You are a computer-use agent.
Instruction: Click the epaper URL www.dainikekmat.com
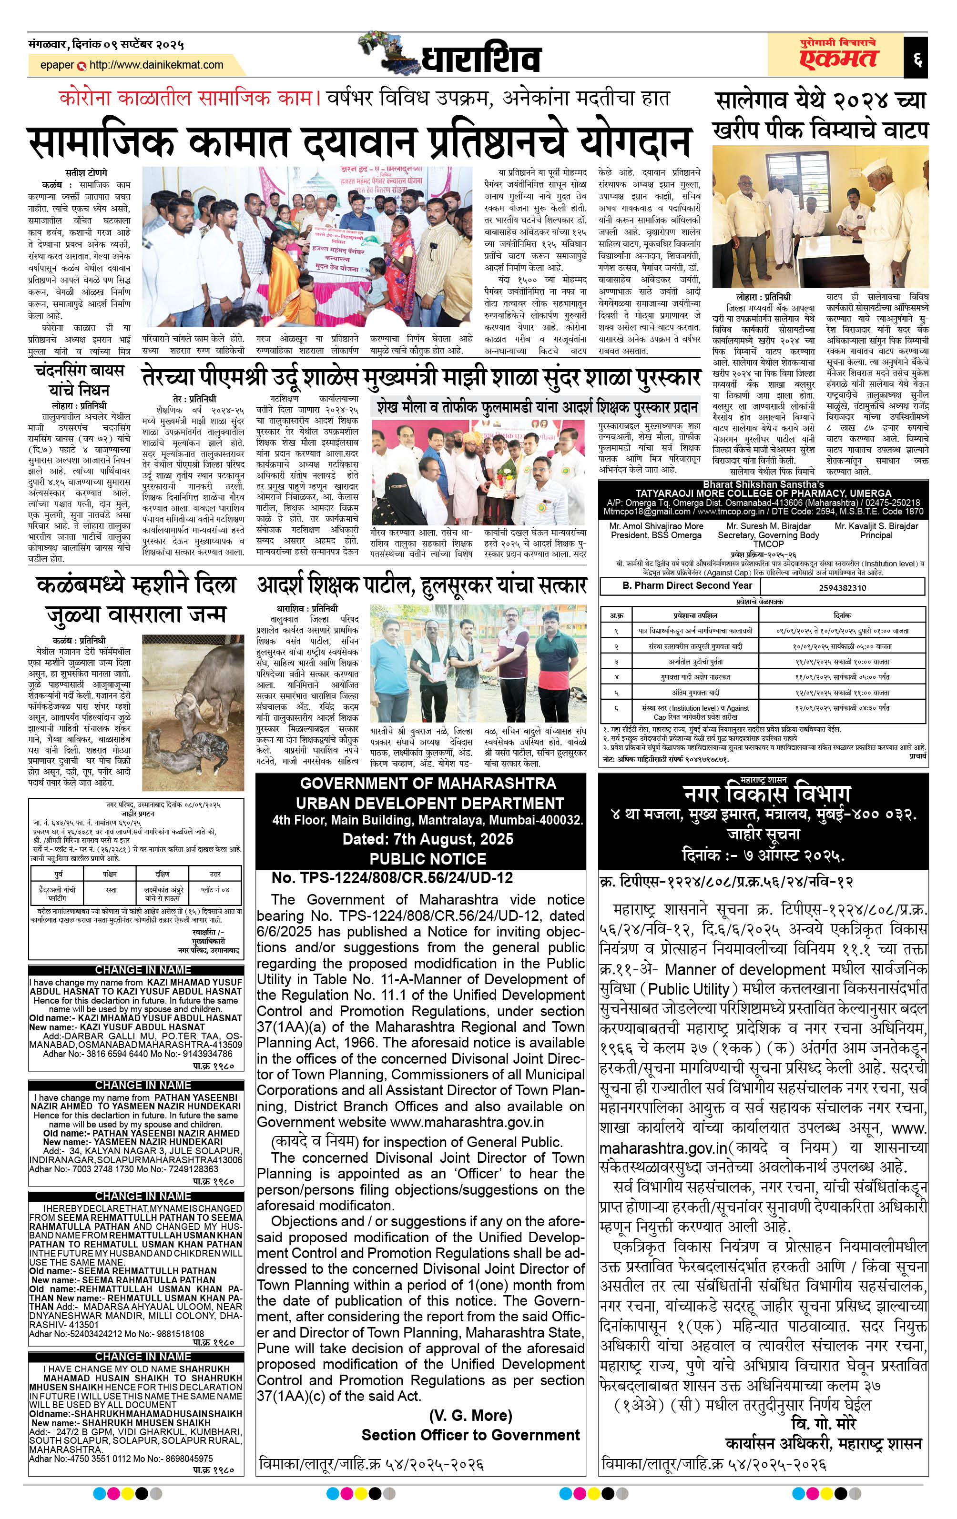[x=156, y=65]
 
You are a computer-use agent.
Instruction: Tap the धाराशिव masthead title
[x=480, y=59]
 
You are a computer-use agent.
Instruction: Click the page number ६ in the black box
[x=916, y=59]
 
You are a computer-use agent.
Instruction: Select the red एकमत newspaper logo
[x=838, y=59]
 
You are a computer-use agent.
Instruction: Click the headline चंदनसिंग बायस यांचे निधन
[x=80, y=380]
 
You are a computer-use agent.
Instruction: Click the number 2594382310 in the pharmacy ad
[x=842, y=587]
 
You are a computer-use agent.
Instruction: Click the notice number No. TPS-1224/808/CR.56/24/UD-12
[x=392, y=877]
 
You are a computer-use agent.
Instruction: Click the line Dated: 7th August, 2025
[x=428, y=839]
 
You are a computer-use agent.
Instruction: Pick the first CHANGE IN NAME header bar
[x=143, y=970]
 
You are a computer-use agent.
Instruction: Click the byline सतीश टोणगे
[x=86, y=173]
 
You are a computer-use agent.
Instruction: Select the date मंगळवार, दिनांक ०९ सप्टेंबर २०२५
[x=106, y=45]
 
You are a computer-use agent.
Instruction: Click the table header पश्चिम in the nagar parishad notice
[x=110, y=874]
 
